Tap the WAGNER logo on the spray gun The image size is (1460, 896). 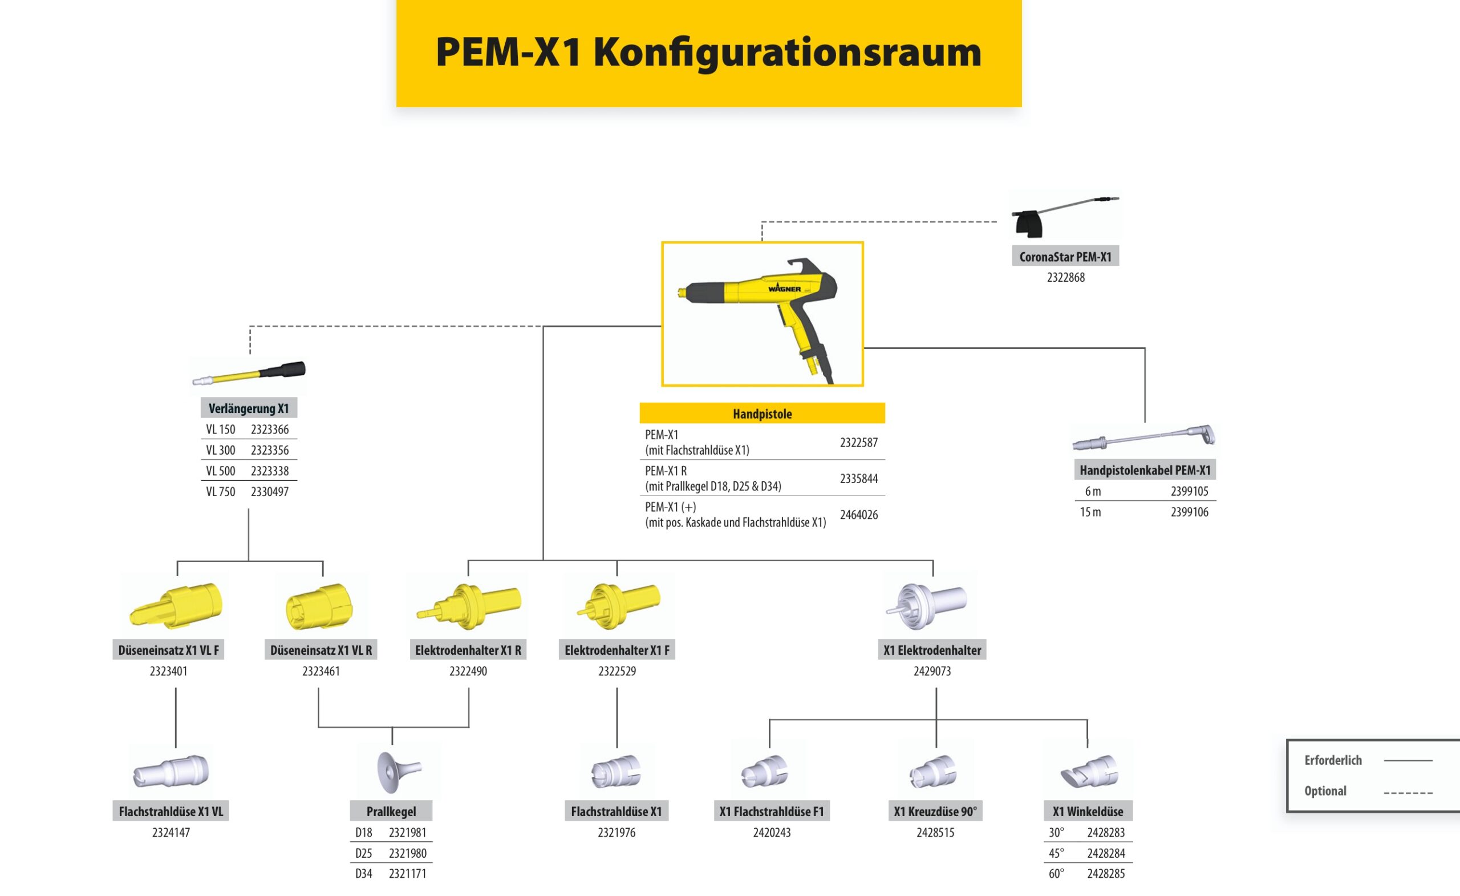click(x=785, y=289)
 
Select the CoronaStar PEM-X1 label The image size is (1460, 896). click(x=1065, y=257)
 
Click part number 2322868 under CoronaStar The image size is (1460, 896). click(x=1065, y=277)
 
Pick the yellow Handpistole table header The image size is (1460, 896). click(x=762, y=413)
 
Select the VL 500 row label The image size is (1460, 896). click(x=220, y=471)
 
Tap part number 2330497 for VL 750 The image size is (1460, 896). click(x=270, y=492)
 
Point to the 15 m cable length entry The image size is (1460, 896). click(x=1090, y=513)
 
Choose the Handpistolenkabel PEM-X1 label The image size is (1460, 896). click(x=1145, y=471)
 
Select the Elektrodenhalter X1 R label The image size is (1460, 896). click(x=468, y=650)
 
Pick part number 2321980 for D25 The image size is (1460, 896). click(x=407, y=853)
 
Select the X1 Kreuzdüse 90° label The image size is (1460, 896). click(x=935, y=811)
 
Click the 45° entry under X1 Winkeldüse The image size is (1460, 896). click(x=1056, y=853)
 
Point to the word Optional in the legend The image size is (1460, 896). click(x=1325, y=791)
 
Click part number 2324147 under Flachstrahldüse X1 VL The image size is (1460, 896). click(x=171, y=833)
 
